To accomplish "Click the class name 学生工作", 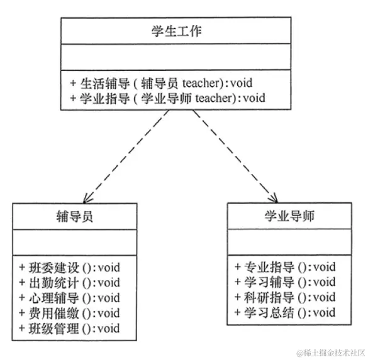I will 176,31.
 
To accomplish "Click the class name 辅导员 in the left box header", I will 74,217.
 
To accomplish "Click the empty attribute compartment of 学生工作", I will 176,57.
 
